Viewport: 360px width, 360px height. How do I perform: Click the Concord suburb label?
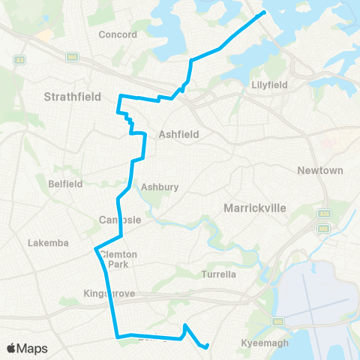tap(118, 34)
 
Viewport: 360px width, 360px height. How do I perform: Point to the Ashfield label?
tap(178, 135)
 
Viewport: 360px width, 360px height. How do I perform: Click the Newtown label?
tap(320, 170)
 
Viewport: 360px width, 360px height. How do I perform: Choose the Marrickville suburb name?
tap(256, 207)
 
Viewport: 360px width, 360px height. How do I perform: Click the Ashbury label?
tap(158, 187)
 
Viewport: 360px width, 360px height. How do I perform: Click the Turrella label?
tap(220, 274)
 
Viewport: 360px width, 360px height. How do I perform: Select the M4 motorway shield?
tap(73, 57)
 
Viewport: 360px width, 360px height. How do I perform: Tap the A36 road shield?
tap(325, 214)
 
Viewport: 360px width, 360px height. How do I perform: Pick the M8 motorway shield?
tap(325, 227)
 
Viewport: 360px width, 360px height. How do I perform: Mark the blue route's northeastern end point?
tap(262, 13)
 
